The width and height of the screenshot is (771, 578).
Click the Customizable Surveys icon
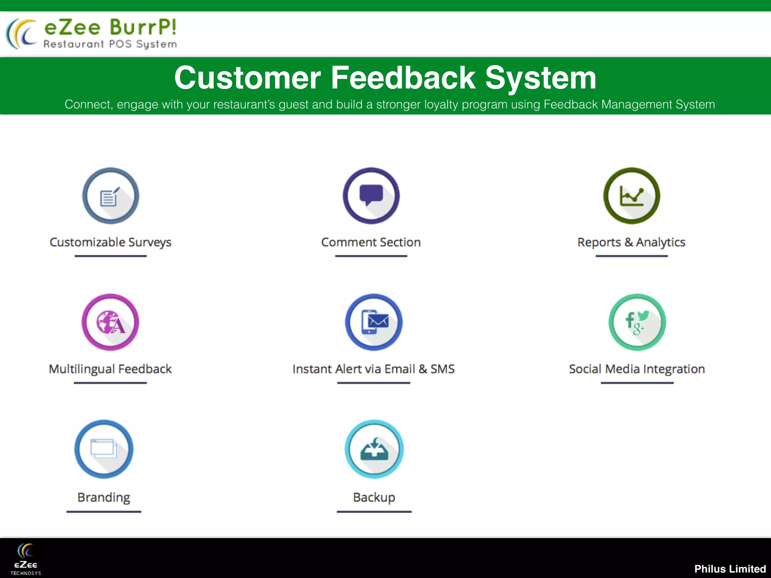[x=111, y=196]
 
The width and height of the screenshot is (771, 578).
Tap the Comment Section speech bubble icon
[x=371, y=196]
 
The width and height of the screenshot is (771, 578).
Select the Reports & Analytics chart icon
[x=632, y=196]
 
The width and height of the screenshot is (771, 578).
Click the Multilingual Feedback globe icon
[x=110, y=322]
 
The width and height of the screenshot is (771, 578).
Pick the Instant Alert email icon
[x=374, y=322]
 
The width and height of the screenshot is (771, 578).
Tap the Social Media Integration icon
[x=637, y=322]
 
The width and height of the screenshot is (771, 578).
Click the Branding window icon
[x=104, y=449]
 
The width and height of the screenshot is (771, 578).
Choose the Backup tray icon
[x=374, y=449]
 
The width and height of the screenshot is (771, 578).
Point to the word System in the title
[x=541, y=78]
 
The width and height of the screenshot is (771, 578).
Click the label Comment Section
[x=371, y=242]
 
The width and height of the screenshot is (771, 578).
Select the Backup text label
[x=374, y=497]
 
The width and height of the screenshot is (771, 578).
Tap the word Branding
[x=104, y=497]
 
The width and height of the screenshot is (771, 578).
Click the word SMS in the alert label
[x=442, y=369]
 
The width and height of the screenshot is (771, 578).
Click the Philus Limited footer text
[x=730, y=569]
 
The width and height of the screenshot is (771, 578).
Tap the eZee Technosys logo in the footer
[x=26, y=559]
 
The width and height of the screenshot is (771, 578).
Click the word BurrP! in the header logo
[x=143, y=27]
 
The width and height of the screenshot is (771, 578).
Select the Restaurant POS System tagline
[x=110, y=44]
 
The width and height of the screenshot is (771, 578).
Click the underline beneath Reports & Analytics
[x=632, y=256]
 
